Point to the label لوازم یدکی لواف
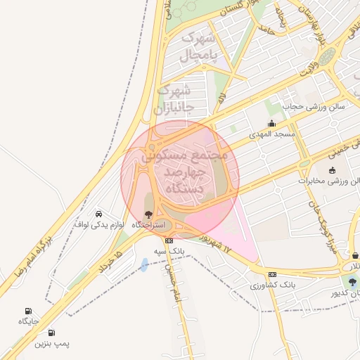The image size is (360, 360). click(99, 224)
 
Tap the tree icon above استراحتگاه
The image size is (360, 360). click(147, 214)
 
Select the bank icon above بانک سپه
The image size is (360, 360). click(168, 240)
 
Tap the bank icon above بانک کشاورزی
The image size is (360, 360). click(271, 274)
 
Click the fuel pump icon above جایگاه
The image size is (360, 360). click(27, 311)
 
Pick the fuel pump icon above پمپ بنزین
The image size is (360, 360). click(51, 333)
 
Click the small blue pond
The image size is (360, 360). click(144, 264)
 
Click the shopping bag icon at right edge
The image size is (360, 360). click(355, 255)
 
